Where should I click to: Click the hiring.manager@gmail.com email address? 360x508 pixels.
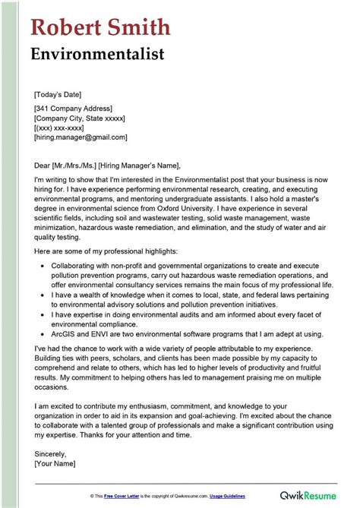tap(80, 137)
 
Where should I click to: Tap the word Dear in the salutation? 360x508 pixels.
tap(43, 166)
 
